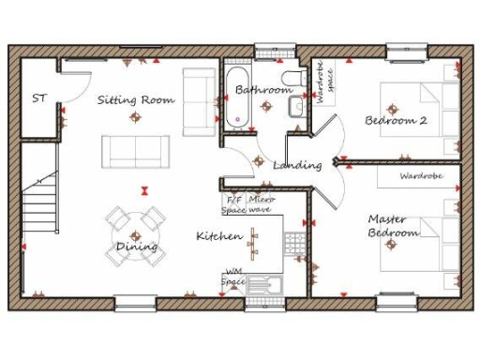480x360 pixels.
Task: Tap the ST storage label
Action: coord(39,97)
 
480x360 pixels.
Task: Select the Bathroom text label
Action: coord(263,91)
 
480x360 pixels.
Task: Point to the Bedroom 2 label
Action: coord(397,120)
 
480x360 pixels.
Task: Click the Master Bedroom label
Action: coord(387,225)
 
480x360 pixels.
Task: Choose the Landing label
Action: coord(297,165)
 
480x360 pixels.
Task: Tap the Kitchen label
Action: coord(219,235)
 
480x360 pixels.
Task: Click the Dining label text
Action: coord(136,247)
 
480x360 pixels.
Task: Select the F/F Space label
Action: coord(233,204)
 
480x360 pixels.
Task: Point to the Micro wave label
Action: coord(262,204)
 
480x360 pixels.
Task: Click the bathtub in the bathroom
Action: coord(236,97)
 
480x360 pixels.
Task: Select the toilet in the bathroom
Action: coord(292,78)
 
